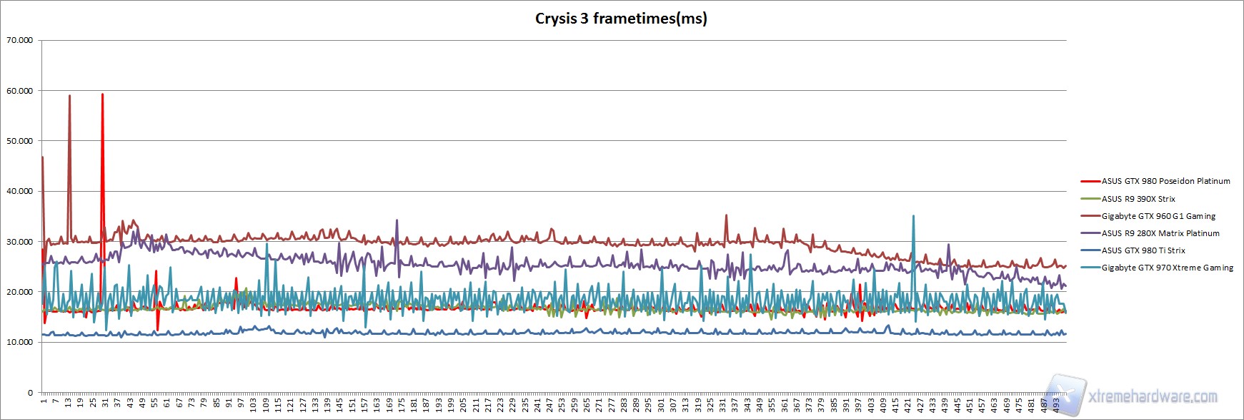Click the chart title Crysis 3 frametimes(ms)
click(621, 19)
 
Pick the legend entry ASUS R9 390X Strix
click(1138, 199)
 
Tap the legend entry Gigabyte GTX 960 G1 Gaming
click(1158, 216)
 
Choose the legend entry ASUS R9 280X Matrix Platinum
click(1160, 233)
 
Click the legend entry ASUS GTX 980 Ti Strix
click(1143, 250)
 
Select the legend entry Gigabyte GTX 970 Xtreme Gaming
click(1167, 268)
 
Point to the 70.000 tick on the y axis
click(19, 40)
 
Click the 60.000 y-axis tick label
click(19, 91)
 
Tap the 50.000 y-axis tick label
click(19, 141)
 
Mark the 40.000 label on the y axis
click(19, 191)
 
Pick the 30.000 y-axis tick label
click(19, 242)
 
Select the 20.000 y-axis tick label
click(19, 292)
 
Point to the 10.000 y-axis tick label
click(19, 342)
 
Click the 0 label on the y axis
click(30, 393)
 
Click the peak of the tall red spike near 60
click(102, 94)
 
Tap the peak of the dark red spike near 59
click(69, 96)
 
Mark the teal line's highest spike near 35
click(913, 216)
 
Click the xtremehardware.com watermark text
click(1152, 396)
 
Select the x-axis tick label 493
click(1056, 406)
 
